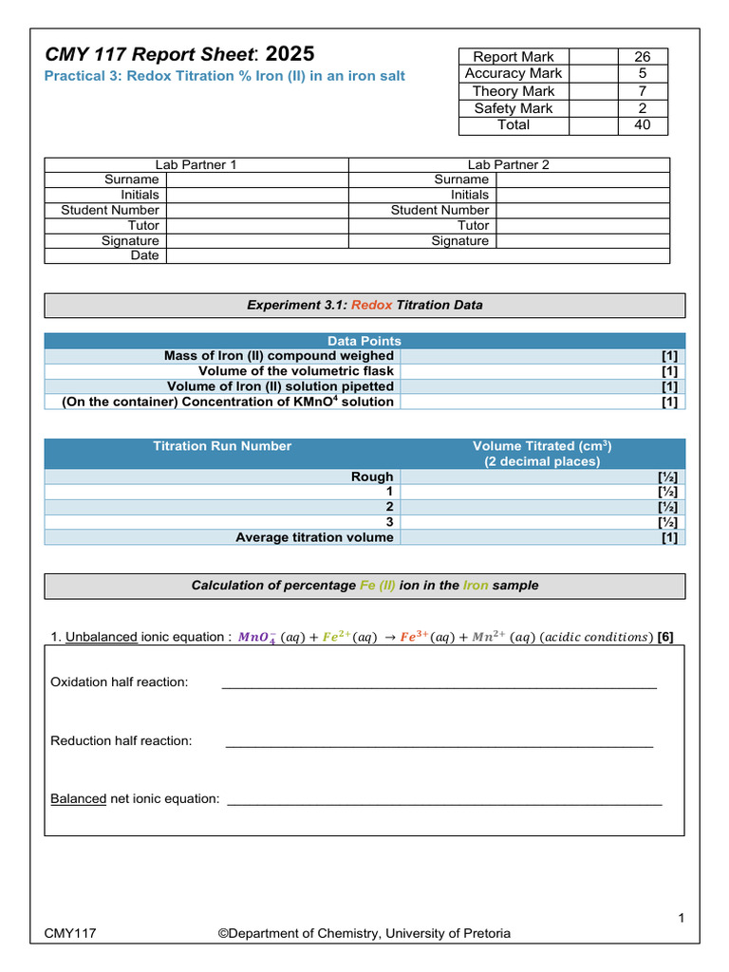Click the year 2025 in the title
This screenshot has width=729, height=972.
[288, 54]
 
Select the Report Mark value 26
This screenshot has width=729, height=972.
[642, 57]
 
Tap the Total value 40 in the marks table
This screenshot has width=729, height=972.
[642, 124]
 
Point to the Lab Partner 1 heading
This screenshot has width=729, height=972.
[196, 164]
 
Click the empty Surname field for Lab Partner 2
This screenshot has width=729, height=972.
[582, 179]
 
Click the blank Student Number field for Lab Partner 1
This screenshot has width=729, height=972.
[257, 210]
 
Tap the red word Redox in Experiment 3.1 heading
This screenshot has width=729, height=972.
[371, 305]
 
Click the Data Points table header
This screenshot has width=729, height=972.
[364, 340]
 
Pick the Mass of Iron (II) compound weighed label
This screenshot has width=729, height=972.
[278, 355]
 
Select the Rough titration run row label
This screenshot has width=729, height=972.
[372, 477]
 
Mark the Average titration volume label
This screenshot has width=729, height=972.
[314, 537]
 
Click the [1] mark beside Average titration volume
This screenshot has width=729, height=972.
[669, 537]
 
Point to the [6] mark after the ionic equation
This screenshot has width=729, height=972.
[665, 637]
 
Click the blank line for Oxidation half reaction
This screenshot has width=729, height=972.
[438, 682]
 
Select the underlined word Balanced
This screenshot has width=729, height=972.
[78, 798]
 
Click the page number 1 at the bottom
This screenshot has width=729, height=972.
[682, 916]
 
